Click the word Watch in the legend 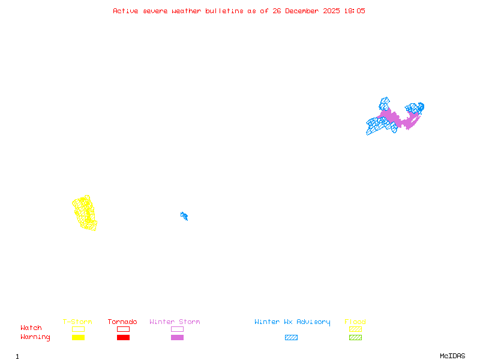(x=31, y=328)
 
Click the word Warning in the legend (x=35, y=337)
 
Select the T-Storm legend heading (x=77, y=322)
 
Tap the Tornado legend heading (x=122, y=322)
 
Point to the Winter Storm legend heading (x=175, y=322)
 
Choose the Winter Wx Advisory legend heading (x=292, y=322)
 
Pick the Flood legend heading (x=355, y=322)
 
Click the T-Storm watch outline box (x=78, y=329)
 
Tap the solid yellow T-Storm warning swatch (x=78, y=337)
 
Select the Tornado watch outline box (x=123, y=329)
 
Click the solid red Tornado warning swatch (x=123, y=337)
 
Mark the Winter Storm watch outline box (x=177, y=329)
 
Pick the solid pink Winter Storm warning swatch (x=177, y=337)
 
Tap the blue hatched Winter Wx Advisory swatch (x=291, y=337)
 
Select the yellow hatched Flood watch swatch (x=355, y=329)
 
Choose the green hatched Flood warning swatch (x=355, y=337)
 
